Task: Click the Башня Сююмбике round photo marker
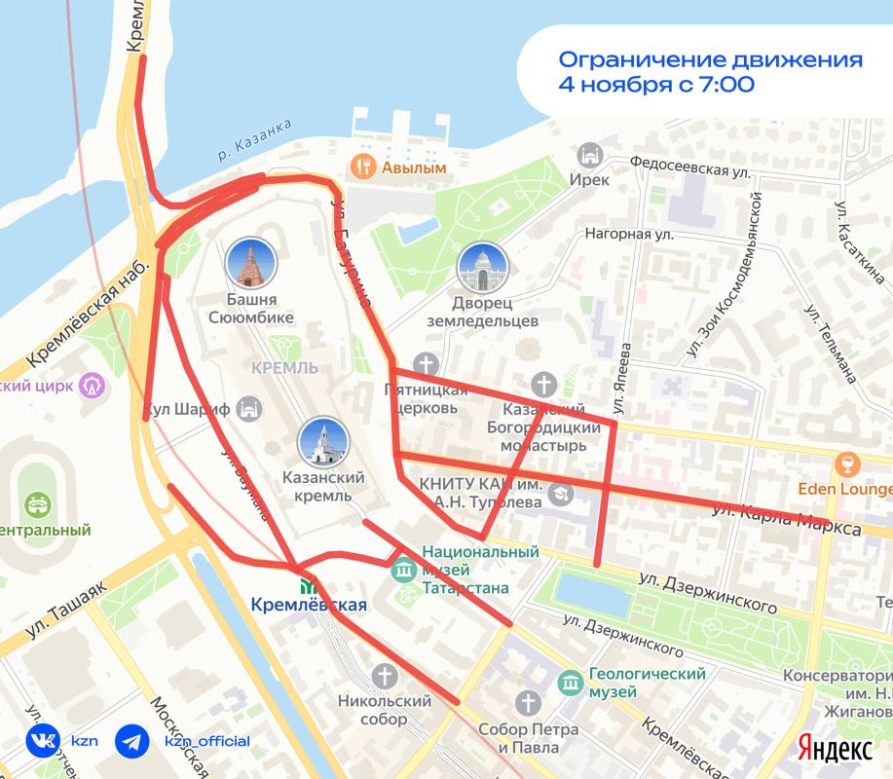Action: [250, 262]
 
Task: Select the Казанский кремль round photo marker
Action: [322, 442]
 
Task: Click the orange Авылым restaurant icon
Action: [364, 167]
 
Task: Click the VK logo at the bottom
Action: [42, 741]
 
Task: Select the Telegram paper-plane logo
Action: [132, 741]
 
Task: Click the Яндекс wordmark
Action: [835, 748]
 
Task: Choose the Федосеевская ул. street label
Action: [691, 168]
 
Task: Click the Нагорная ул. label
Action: [629, 234]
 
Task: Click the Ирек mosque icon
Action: [589, 155]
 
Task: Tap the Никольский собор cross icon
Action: [386, 675]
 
